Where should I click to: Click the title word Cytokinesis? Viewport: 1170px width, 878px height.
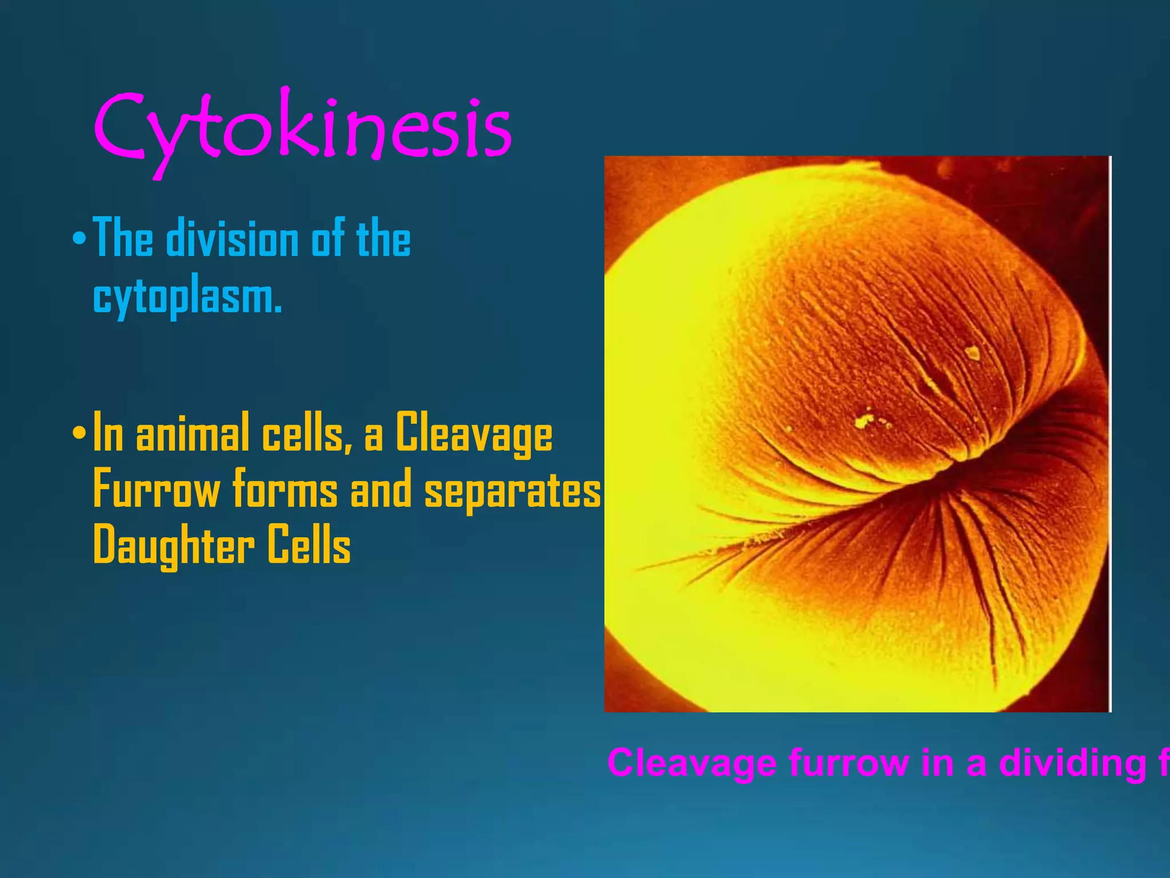click(x=303, y=127)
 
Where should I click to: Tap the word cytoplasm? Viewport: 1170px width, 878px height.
click(x=187, y=297)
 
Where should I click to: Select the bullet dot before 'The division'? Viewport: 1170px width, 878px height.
click(x=79, y=238)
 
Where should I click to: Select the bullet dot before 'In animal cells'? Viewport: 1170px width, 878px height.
click(x=79, y=433)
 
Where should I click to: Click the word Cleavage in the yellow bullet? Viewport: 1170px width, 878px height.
click(x=474, y=433)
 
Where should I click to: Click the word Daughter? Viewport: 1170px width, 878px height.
click(x=174, y=546)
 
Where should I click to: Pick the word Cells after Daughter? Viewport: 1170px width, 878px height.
click(x=309, y=545)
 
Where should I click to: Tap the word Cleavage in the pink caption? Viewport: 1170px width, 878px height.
click(x=691, y=763)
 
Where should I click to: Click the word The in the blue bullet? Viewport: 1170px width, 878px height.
click(x=123, y=238)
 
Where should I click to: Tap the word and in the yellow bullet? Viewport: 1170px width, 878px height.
click(x=380, y=489)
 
